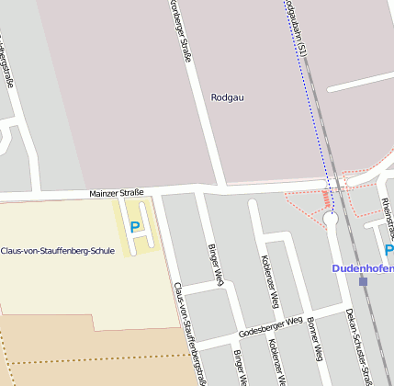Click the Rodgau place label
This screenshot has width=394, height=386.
[x=228, y=96]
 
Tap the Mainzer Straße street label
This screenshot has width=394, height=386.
[x=117, y=193]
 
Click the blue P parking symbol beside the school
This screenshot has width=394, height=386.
[x=135, y=226]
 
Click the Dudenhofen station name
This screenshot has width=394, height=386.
[x=362, y=268]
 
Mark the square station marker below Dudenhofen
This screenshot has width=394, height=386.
[x=363, y=281]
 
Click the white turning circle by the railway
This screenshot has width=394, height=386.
[x=331, y=219]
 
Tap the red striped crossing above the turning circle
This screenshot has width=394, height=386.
[x=326, y=199]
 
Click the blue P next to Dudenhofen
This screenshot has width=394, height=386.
[x=388, y=250]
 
